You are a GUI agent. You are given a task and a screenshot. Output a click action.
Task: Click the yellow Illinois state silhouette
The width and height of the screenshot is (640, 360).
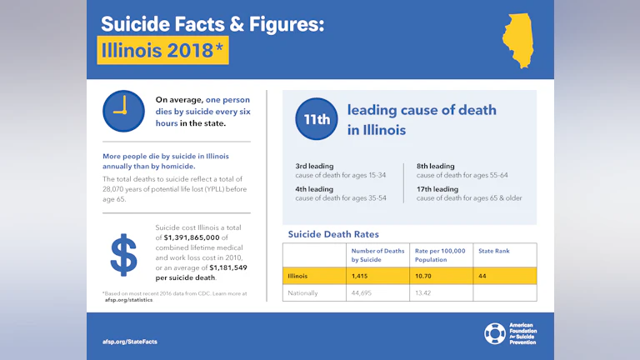pos(520,40)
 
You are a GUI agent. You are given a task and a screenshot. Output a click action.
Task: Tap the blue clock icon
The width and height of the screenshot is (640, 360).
pos(123,111)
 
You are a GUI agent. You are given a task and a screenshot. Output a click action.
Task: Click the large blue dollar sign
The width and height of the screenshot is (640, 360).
pos(124,254)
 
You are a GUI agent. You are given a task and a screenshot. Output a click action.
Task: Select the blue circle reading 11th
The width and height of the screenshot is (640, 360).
pos(317,119)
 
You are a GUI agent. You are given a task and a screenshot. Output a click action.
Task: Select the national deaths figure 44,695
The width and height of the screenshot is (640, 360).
pos(364,292)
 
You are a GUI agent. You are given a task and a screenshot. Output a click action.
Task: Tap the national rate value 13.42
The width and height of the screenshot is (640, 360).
pos(426,292)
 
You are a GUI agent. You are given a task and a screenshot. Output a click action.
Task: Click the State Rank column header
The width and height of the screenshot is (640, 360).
pos(493,250)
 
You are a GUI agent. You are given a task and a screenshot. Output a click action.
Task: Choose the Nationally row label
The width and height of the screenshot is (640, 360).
pos(303,292)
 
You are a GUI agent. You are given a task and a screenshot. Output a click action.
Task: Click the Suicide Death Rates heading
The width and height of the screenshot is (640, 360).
pos(333,234)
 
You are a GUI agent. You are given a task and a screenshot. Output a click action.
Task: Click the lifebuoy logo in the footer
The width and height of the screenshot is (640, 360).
pos(494,333)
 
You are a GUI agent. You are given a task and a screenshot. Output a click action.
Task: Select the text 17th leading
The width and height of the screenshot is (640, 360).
pos(437,189)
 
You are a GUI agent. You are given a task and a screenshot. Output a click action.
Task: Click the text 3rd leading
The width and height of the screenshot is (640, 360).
pos(314,166)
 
